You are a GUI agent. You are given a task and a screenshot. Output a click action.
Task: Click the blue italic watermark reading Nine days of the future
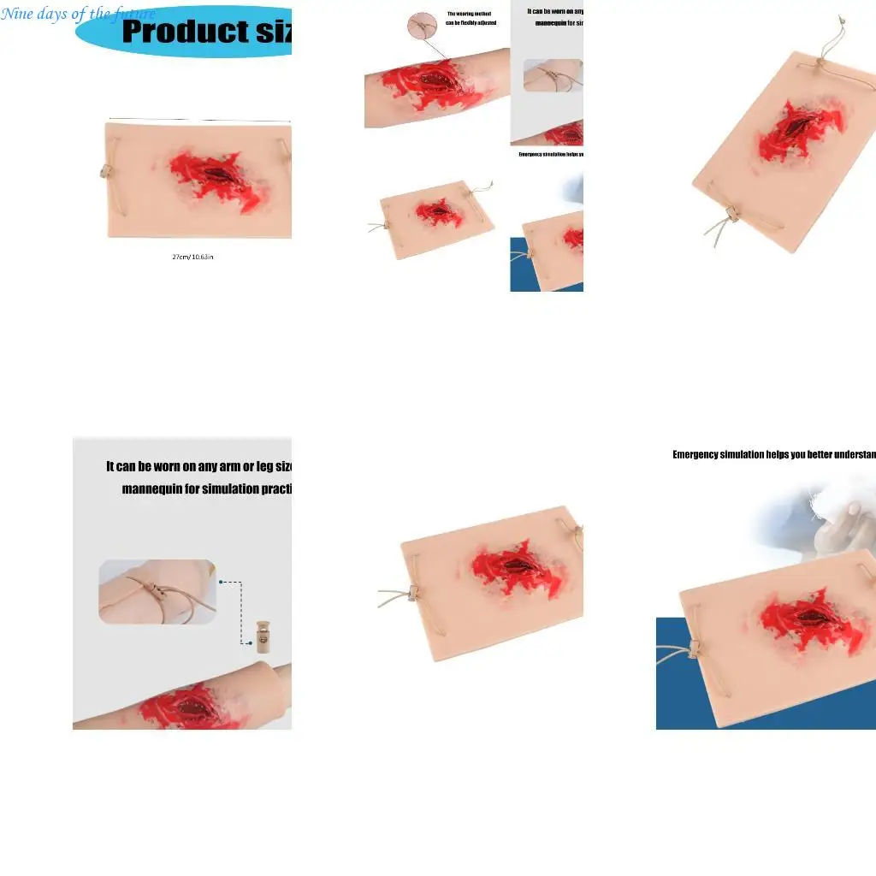pos(78,14)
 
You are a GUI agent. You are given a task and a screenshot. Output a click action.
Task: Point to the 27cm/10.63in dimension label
pos(192,257)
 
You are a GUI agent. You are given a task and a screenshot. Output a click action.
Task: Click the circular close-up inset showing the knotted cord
pos(422,26)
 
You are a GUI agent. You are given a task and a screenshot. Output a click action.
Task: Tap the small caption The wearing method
pos(470,14)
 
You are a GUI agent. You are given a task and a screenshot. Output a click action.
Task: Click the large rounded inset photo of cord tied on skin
pos(157,590)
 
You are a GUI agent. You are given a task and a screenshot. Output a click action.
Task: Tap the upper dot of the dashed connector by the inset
pos(222,582)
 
